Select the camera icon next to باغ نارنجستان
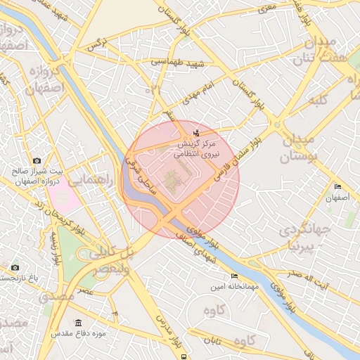(x=15, y=267)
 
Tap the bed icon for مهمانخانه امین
(x=234, y=276)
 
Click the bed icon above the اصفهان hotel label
(x=338, y=187)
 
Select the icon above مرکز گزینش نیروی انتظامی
(x=195, y=132)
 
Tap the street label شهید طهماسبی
(x=178, y=63)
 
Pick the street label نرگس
(x=96, y=45)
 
